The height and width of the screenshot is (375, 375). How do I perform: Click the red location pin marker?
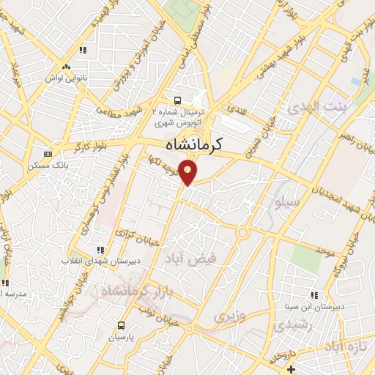coord(190,173)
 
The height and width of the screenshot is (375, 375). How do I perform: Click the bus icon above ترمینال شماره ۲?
coord(176,101)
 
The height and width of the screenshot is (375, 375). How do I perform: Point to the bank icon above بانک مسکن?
coord(48,155)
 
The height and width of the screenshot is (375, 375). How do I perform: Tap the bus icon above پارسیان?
coord(122,325)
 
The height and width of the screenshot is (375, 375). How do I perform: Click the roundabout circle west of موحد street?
coord(242,234)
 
